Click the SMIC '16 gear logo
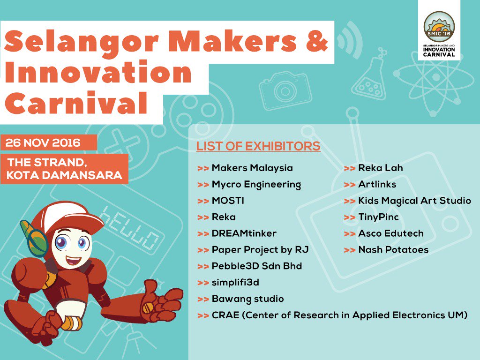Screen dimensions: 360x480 (x=439, y=26)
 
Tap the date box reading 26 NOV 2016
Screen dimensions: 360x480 (x=49, y=142)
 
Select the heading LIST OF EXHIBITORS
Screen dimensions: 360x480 (x=258, y=146)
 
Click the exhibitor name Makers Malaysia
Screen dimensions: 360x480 (x=252, y=168)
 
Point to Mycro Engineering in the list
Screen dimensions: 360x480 (x=256, y=184)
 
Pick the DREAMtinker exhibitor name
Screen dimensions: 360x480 (x=244, y=233)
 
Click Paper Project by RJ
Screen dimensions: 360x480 (x=260, y=250)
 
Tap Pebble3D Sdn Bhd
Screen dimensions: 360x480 (x=257, y=266)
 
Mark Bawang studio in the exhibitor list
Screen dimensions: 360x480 (x=247, y=299)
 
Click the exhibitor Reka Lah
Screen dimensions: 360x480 (x=381, y=168)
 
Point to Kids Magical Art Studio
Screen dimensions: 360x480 (x=414, y=201)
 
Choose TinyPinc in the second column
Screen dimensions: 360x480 (x=378, y=217)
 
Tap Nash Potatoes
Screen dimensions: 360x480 (x=393, y=250)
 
